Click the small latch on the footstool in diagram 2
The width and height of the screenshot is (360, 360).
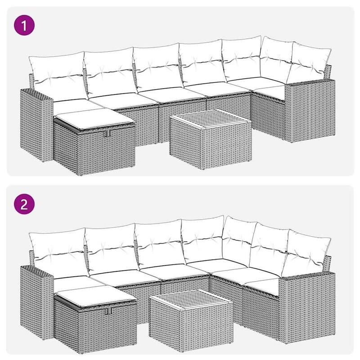(107, 312)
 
